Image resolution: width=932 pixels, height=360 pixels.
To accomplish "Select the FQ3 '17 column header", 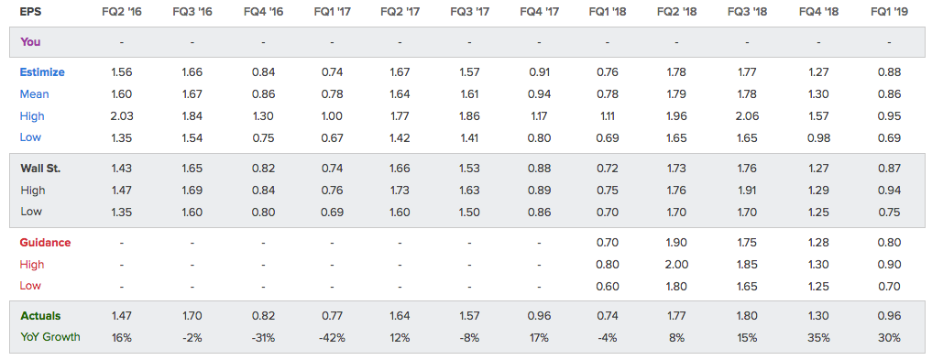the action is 469,11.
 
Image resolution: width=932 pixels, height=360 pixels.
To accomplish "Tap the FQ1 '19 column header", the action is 889,11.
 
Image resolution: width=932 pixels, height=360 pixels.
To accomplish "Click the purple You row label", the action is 30,42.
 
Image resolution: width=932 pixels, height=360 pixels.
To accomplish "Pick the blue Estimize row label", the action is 42,72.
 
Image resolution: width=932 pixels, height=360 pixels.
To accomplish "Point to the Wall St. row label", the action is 40,169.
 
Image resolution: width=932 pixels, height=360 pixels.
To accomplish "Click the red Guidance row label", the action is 45,243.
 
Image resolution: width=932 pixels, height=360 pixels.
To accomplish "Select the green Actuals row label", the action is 40,316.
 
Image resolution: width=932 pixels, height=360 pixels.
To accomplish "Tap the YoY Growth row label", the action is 49,337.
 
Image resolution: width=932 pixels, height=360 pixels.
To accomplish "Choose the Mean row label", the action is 35,93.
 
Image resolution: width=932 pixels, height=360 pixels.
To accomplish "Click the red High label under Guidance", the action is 32,265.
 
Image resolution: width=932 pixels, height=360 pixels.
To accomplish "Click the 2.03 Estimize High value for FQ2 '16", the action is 122,115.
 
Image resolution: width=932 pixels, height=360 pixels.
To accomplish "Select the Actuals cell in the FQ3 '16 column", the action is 192,316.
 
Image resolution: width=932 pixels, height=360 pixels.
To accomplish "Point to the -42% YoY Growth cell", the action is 332,337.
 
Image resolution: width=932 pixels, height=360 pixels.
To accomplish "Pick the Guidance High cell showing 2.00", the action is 676,265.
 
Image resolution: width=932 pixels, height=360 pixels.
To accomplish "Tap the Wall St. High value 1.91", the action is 747,191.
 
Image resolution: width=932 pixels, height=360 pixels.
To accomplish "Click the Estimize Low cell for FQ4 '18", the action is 818,137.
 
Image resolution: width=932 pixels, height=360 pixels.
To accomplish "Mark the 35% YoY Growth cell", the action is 818,337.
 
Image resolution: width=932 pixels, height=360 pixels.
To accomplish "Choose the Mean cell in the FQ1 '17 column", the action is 332,93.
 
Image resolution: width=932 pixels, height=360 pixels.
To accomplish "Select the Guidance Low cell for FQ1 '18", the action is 607,286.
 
